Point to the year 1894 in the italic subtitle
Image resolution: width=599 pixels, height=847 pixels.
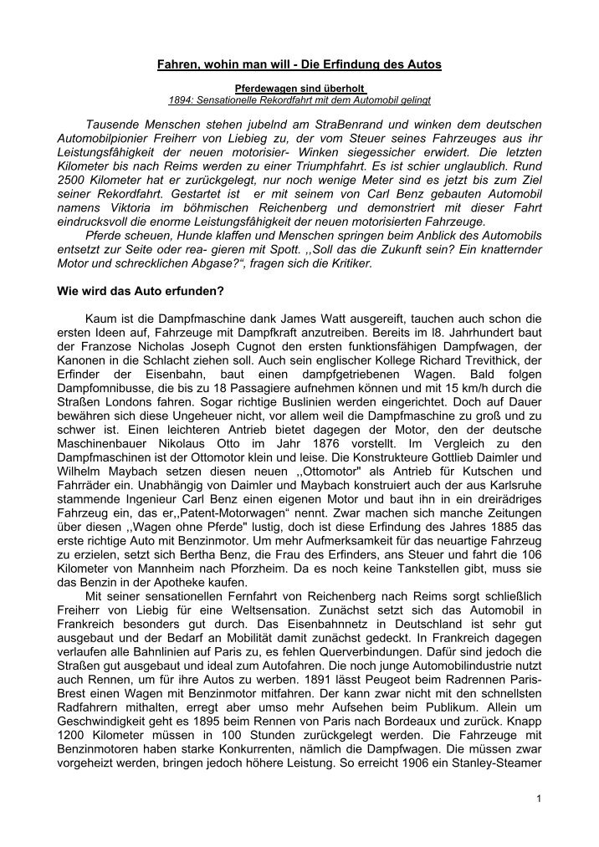coord(182,99)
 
